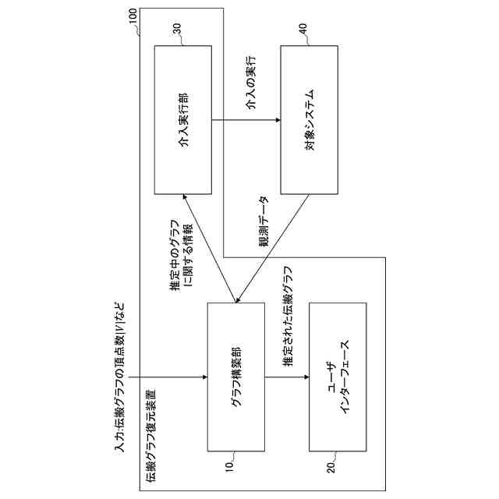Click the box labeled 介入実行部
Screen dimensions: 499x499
coord(182,119)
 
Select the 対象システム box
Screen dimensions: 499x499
coord(310,119)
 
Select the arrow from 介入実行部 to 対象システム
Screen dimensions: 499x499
coord(246,119)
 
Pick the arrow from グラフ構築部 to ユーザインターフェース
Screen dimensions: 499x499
coord(286,377)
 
